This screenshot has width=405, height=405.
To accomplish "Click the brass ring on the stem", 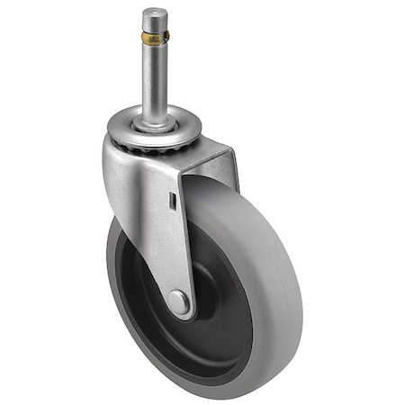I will coord(154,39).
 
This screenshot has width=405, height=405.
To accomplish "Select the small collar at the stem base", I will coord(154,116).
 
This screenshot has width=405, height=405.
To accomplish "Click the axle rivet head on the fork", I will coord(178,302).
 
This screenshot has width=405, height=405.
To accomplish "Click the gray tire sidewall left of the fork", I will coord(114,270).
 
